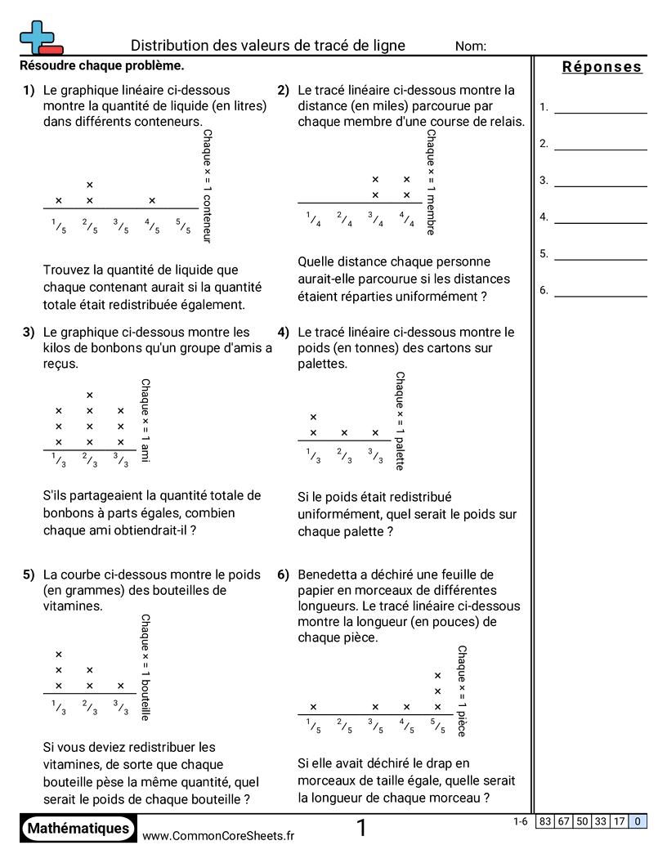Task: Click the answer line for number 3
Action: [600, 186]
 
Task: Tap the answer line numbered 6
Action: [600, 296]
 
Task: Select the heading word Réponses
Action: [602, 67]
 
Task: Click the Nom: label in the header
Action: [471, 47]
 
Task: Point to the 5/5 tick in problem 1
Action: [182, 226]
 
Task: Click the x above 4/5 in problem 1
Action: [152, 200]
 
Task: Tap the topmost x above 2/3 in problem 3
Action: [90, 396]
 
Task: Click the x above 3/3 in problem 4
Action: [375, 433]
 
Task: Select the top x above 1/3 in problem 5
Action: [59, 655]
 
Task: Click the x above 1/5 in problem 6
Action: [313, 707]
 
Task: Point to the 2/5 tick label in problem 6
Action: [344, 725]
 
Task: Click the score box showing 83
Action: [544, 821]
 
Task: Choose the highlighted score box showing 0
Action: [638, 821]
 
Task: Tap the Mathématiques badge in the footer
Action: [78, 829]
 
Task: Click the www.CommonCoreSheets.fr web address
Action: [218, 835]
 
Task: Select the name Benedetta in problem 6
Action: [332, 575]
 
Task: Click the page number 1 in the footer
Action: [361, 829]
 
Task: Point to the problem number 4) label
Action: [284, 333]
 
